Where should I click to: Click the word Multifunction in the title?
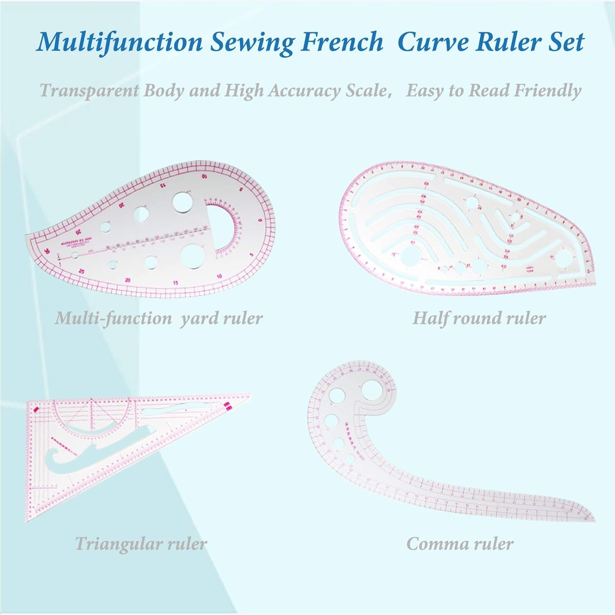tap(119, 41)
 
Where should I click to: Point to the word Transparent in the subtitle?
tap(89, 90)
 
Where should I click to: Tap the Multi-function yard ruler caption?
tap(159, 318)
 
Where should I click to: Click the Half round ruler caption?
tap(479, 318)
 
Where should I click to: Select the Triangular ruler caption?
tap(141, 544)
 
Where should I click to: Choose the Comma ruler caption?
tap(460, 544)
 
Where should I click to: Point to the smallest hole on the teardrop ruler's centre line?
tap(75, 256)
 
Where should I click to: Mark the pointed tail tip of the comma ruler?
tap(593, 520)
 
